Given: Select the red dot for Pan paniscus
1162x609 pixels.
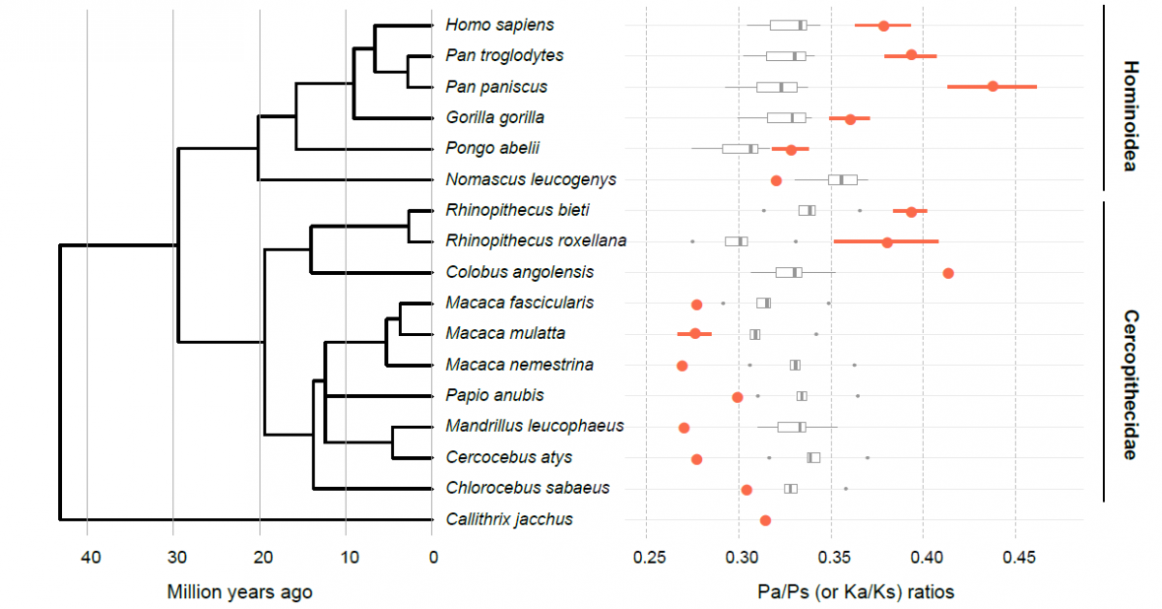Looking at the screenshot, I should click(993, 86).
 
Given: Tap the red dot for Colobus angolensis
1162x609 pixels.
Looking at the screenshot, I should click(948, 273).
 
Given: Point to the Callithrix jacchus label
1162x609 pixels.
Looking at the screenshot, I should click(509, 519).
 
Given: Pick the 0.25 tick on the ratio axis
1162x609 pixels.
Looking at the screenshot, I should click(649, 557).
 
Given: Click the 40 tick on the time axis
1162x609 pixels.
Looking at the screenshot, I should click(89, 557).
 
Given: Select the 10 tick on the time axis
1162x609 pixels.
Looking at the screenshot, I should click(348, 557).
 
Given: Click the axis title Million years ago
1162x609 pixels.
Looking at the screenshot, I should click(239, 591).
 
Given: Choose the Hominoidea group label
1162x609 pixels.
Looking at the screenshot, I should click(1129, 116).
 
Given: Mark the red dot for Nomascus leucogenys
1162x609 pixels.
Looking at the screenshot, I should click(776, 180).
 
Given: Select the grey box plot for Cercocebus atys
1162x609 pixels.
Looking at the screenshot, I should click(813, 457).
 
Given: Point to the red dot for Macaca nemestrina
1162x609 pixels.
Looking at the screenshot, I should click(682, 366).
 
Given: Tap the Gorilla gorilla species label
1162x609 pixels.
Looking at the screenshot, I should click(495, 117).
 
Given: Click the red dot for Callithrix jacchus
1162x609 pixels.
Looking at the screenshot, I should click(765, 520).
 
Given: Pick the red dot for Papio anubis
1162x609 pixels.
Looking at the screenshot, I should click(737, 397).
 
